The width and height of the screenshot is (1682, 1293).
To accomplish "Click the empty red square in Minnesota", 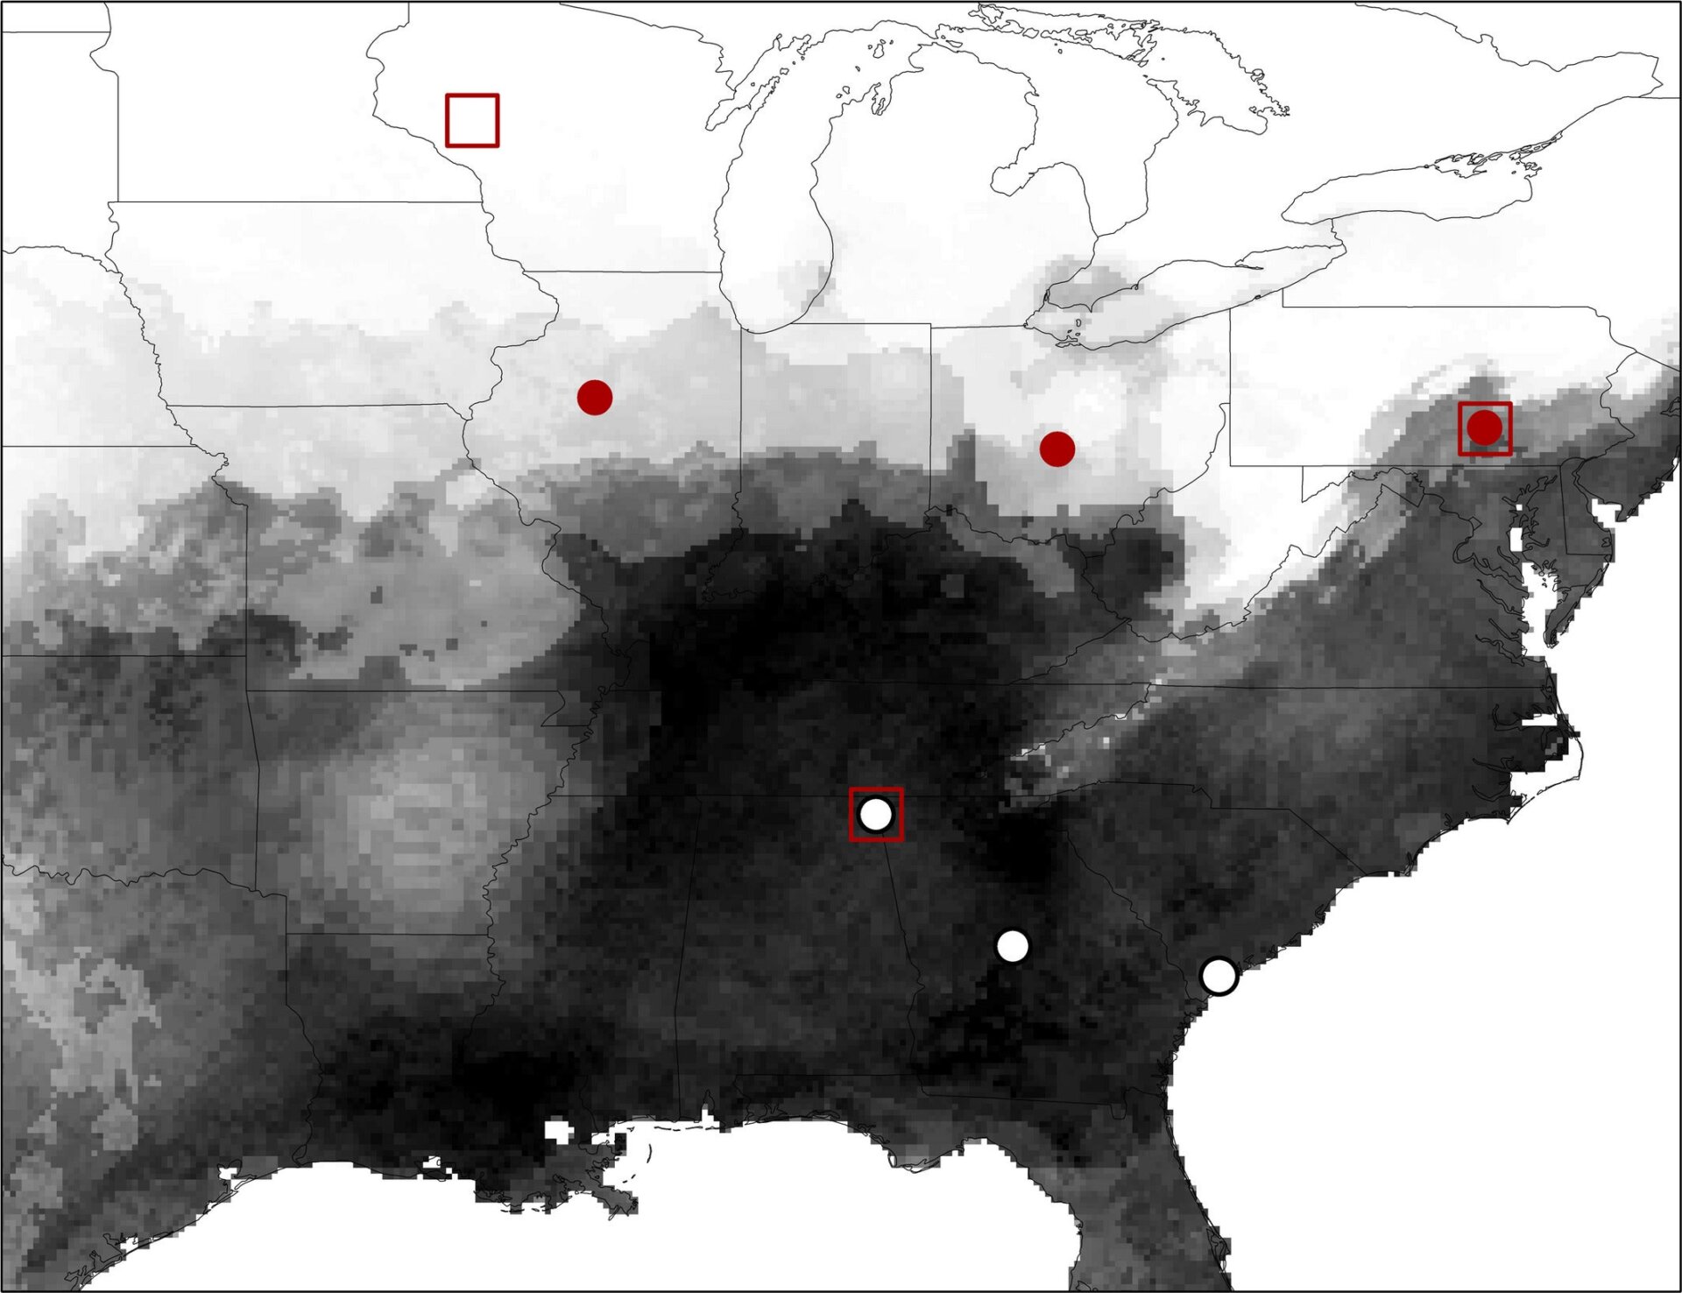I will [x=472, y=120].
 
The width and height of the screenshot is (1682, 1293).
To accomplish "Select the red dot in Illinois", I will [x=595, y=398].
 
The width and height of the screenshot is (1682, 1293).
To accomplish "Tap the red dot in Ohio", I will [x=1057, y=449].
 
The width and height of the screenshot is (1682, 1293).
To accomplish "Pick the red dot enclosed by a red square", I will [x=1485, y=428].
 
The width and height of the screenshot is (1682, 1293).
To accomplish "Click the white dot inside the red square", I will [x=876, y=815].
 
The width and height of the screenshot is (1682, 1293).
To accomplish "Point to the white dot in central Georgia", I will [x=1013, y=946].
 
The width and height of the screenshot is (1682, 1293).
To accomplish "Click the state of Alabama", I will [x=788, y=946].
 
